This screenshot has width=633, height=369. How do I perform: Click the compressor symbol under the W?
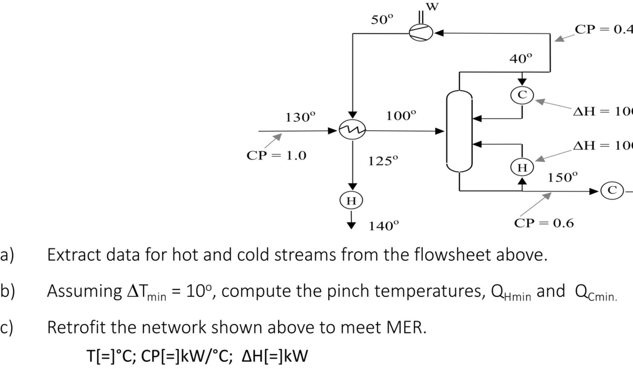click(421, 33)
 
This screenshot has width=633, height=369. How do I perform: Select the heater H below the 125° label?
click(351, 200)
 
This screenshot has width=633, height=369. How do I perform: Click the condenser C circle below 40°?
click(522, 95)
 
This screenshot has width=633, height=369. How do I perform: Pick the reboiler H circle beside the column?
click(522, 167)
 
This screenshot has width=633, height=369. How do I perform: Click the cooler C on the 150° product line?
click(612, 190)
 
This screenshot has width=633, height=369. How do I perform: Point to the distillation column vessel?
click(459, 131)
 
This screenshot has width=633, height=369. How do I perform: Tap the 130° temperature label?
click(300, 117)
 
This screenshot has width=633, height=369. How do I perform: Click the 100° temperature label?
click(401, 116)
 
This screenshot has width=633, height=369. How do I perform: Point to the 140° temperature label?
click(383, 226)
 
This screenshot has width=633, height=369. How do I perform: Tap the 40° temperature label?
click(521, 58)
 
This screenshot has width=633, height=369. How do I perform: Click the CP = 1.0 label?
click(276, 155)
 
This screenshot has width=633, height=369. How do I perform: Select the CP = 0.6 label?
click(544, 223)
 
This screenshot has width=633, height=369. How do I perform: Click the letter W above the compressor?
click(432, 7)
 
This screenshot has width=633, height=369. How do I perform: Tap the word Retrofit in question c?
click(77, 327)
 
